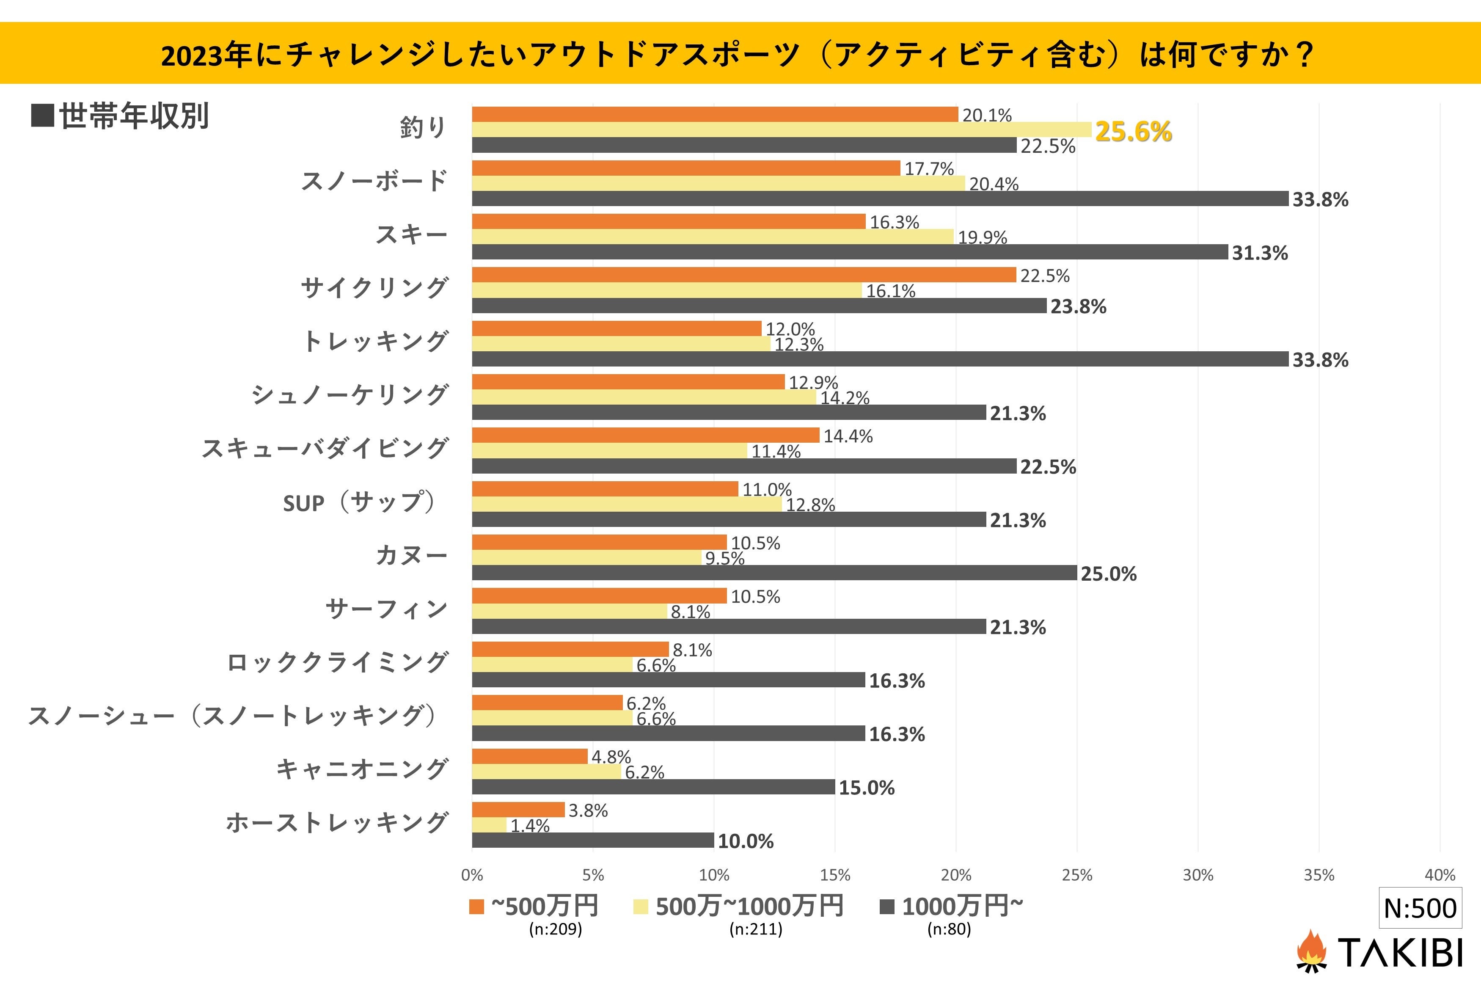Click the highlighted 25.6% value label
point(1133,132)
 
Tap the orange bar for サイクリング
point(743,275)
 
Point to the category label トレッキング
point(375,342)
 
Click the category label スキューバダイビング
point(325,449)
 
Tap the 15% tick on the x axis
point(835,875)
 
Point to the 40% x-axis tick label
point(1440,875)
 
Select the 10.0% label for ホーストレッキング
point(745,841)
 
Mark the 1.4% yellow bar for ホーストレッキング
point(489,825)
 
